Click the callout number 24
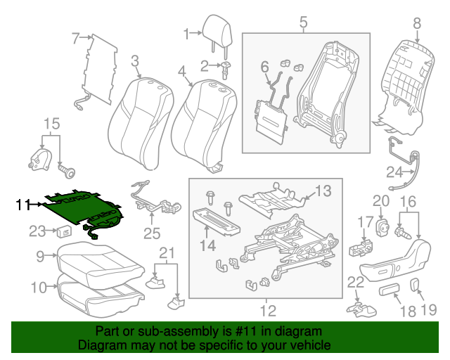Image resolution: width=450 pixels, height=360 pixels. click(x=394, y=171)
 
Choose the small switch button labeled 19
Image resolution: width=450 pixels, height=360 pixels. click(x=414, y=283)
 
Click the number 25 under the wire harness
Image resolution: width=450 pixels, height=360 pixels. click(x=151, y=233)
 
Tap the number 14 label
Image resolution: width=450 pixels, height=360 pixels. click(x=208, y=245)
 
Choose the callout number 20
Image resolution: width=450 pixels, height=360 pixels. click(x=380, y=201)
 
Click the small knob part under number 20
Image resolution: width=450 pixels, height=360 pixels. click(x=384, y=226)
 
